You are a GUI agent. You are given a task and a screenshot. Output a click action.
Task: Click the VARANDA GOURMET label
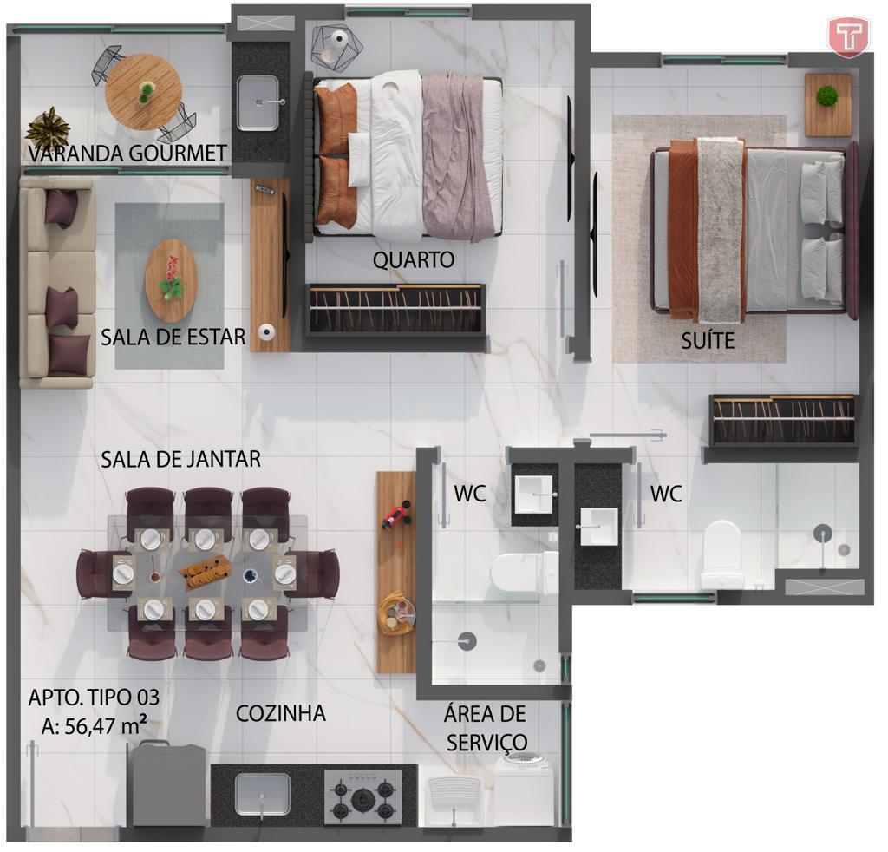pos(127,153)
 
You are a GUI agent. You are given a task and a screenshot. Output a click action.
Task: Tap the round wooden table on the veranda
pos(144,92)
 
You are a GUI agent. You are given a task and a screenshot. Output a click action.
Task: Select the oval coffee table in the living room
pos(171,280)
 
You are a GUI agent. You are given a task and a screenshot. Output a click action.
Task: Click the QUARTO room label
pos(414,260)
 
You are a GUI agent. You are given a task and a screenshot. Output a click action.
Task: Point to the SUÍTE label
pos(708,340)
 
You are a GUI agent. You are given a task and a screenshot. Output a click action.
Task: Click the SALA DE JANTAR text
pos(180,460)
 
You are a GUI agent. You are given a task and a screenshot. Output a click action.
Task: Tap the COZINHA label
pos(281,713)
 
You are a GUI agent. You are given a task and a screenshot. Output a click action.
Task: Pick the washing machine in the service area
pos(524,790)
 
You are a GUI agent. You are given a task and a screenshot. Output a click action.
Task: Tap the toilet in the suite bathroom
pos(721,555)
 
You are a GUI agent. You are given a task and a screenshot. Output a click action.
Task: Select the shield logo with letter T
pos(848,36)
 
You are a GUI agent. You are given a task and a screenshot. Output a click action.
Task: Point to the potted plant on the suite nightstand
pos(826,95)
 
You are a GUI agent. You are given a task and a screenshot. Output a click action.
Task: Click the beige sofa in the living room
pos(57,282)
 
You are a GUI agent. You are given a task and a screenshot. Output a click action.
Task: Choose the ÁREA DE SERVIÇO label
pos(486,728)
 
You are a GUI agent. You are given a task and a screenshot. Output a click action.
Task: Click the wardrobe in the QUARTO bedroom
pos(395,310)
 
